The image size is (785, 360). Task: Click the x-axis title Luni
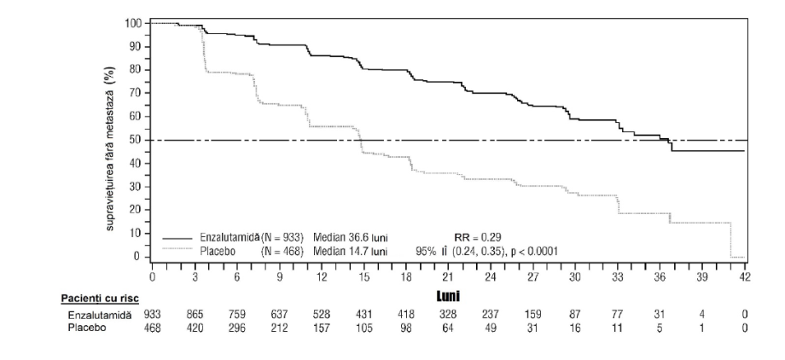448,297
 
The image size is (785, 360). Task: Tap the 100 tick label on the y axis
134,23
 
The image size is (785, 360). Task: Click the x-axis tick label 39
702,278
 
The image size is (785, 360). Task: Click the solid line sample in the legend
177,238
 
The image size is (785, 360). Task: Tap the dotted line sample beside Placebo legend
177,249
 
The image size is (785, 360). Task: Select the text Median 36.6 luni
351,237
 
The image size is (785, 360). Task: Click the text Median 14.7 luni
351,251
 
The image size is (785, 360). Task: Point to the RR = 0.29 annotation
477,237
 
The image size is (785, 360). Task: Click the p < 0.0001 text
534,251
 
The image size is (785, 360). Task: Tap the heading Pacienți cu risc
100,299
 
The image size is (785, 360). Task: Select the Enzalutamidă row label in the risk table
100,315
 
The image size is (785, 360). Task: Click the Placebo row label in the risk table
87,328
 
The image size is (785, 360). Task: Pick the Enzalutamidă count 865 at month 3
195,315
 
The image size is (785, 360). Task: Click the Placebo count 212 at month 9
279,328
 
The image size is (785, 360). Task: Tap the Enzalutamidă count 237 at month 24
491,315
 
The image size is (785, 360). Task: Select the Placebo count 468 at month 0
152,328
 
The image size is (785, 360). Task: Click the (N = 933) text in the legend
282,237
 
